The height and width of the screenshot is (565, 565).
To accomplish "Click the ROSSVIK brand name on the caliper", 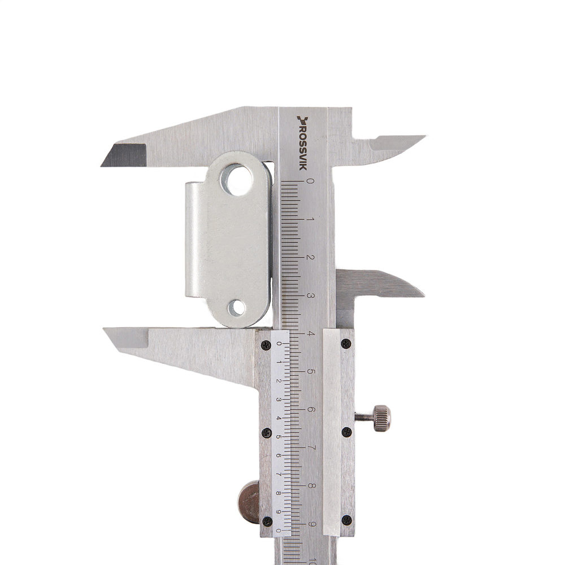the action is (x=302, y=143).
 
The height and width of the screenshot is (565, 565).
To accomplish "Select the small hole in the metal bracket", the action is (x=236, y=308).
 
